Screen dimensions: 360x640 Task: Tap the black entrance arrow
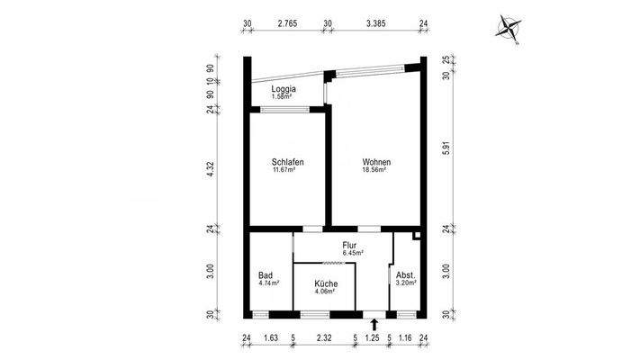click(x=374, y=325)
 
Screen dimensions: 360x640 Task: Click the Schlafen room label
click(x=287, y=162)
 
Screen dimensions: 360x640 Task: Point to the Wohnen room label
click(x=376, y=162)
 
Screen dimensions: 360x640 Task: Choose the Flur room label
click(x=351, y=245)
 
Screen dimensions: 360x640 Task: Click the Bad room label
click(x=266, y=275)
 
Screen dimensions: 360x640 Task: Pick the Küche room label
click(x=325, y=283)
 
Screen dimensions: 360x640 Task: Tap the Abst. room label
click(x=405, y=275)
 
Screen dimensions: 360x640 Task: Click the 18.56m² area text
click(x=374, y=170)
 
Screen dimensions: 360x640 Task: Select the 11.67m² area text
click(x=287, y=170)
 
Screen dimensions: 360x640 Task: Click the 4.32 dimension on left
click(x=210, y=167)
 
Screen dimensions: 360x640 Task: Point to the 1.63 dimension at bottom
click(x=270, y=338)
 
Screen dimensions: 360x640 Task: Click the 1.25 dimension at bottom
click(x=373, y=338)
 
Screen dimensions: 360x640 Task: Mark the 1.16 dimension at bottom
click(x=406, y=338)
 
